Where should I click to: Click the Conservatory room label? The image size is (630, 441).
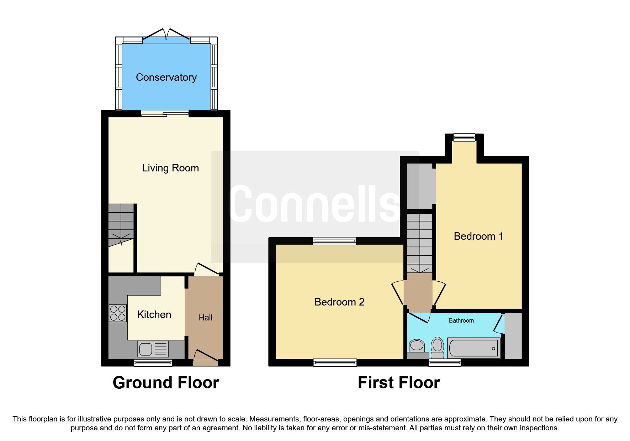[166, 77]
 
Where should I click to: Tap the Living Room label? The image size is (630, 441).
[170, 168]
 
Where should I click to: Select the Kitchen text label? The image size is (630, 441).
[154, 314]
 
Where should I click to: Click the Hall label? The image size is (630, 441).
[205, 318]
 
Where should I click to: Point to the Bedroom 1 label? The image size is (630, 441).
[478, 236]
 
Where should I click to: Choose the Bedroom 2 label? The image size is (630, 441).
[339, 302]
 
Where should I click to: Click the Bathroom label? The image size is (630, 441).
[461, 320]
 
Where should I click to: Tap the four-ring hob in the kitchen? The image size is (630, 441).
[118, 313]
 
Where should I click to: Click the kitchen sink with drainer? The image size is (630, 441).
[153, 349]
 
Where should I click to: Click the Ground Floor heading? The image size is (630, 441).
[166, 383]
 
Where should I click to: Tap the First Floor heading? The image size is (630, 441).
[398, 383]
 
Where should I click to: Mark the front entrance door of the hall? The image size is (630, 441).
[206, 358]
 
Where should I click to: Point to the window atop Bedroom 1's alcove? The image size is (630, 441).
[464, 137]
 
